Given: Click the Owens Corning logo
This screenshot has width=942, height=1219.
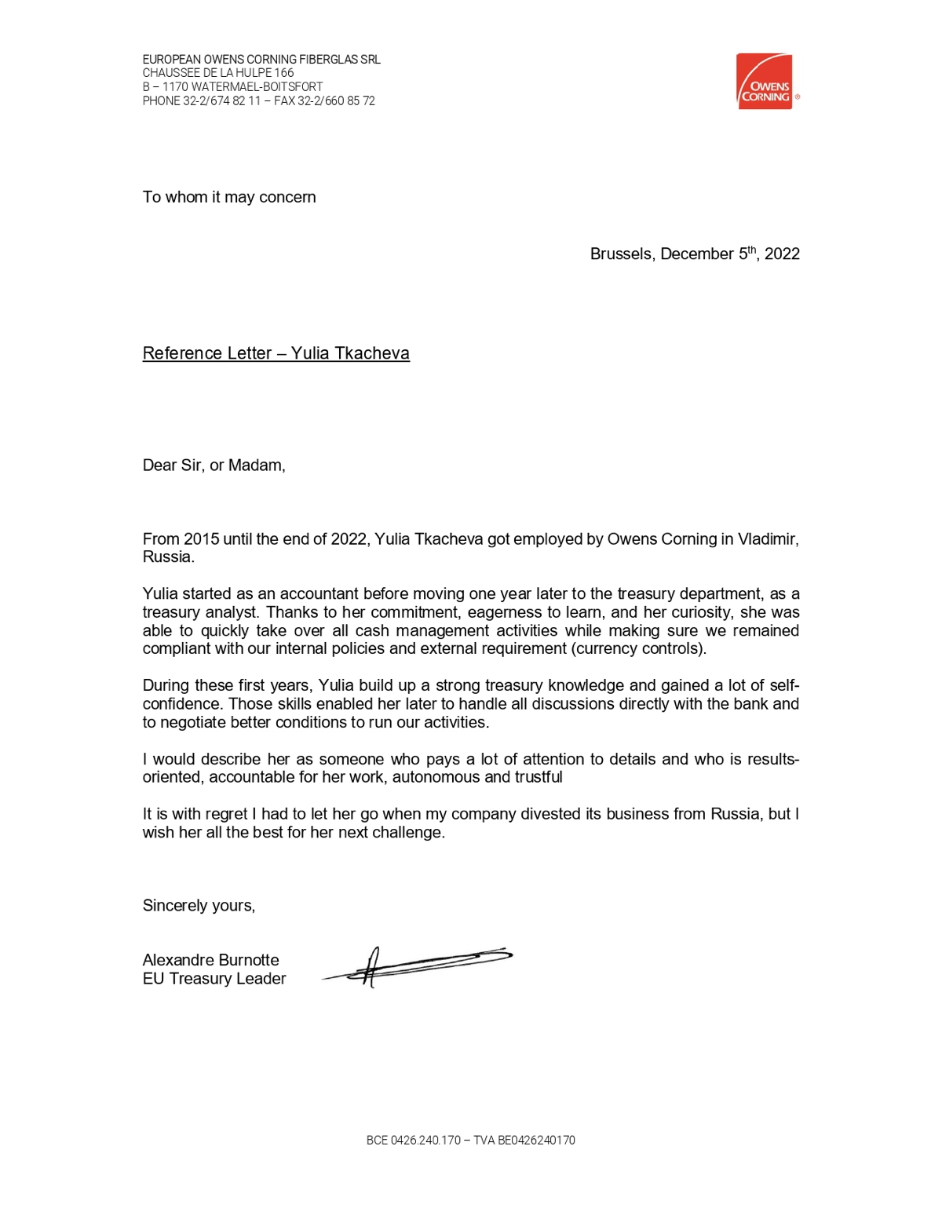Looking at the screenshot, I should point(765,82).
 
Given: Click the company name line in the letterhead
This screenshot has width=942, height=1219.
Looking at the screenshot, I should point(261,60).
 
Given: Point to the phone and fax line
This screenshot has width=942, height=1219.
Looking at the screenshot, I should point(258,101).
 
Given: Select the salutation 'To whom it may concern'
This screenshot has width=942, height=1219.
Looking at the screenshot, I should point(229,197).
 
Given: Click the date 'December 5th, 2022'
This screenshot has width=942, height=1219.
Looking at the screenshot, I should point(730,254).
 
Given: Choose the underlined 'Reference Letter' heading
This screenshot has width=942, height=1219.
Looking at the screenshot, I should point(276,353).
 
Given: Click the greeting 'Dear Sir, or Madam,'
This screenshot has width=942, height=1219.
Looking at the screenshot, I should point(214,465).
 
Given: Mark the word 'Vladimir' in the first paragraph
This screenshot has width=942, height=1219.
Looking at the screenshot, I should point(768,539).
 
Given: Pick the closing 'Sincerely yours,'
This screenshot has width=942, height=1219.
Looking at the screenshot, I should point(199,906).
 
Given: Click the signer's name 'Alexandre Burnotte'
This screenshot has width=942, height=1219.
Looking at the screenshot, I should point(210,960).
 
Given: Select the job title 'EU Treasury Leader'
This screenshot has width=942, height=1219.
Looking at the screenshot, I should point(214,979).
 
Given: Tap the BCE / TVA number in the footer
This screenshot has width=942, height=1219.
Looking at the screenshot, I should point(470,1141).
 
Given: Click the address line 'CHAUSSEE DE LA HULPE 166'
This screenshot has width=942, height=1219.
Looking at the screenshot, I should point(218,73).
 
